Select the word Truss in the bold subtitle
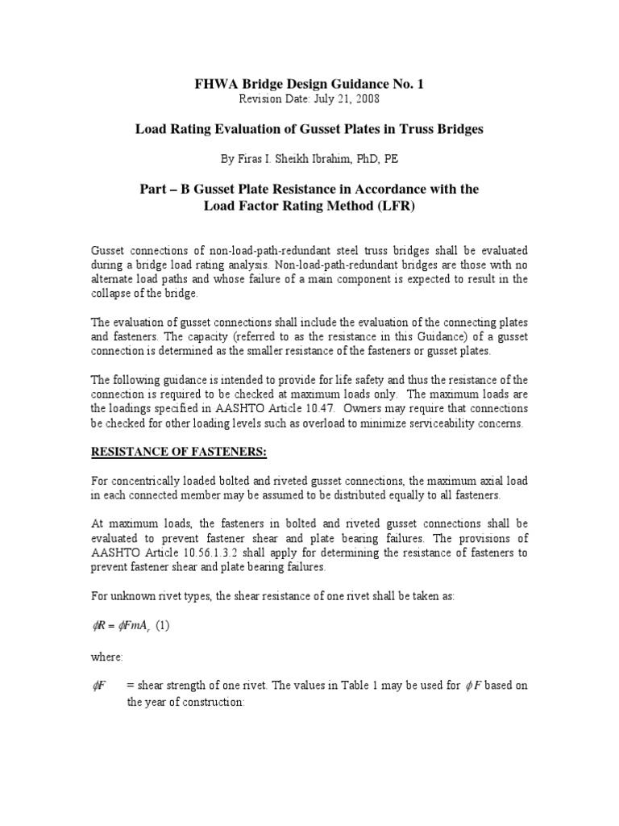[405, 129]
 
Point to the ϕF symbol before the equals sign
[101, 686]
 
